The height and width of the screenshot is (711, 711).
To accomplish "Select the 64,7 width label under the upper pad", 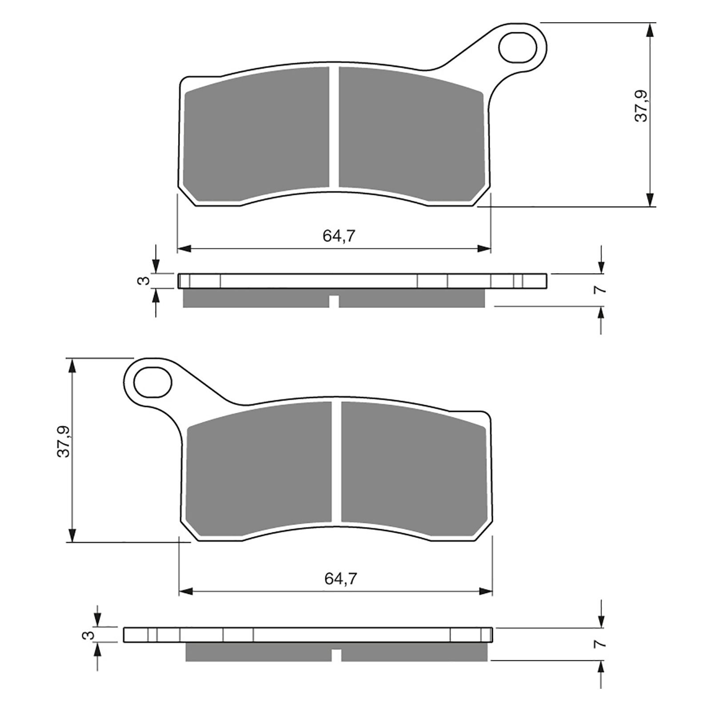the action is tap(339, 236).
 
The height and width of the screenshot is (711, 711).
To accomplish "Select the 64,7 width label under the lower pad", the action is tap(341, 579).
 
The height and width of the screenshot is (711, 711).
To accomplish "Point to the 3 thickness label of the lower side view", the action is tap(90, 635).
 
